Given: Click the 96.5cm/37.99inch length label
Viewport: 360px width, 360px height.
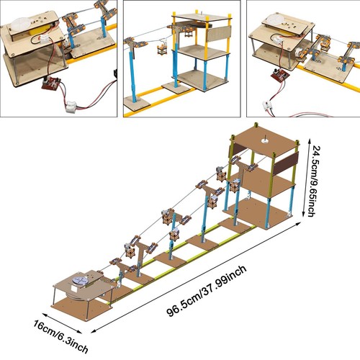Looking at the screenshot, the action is (x=207, y=291).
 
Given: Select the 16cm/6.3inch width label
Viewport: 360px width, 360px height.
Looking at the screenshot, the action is (x=60, y=336).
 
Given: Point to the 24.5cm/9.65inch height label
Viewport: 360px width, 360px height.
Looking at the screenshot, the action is (x=314, y=181).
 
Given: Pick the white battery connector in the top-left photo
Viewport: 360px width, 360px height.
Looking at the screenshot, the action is (x=71, y=106).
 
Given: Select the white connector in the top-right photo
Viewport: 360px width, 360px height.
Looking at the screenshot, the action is (x=268, y=106).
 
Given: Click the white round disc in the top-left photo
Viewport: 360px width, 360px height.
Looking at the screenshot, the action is (x=20, y=23).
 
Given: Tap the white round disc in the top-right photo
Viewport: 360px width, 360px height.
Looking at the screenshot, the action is (x=276, y=19).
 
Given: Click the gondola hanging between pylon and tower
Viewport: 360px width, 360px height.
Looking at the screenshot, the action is (x=162, y=48).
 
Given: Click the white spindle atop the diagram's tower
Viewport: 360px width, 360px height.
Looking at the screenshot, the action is (x=265, y=139).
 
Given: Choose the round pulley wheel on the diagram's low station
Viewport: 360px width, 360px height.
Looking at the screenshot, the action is (x=80, y=281).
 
